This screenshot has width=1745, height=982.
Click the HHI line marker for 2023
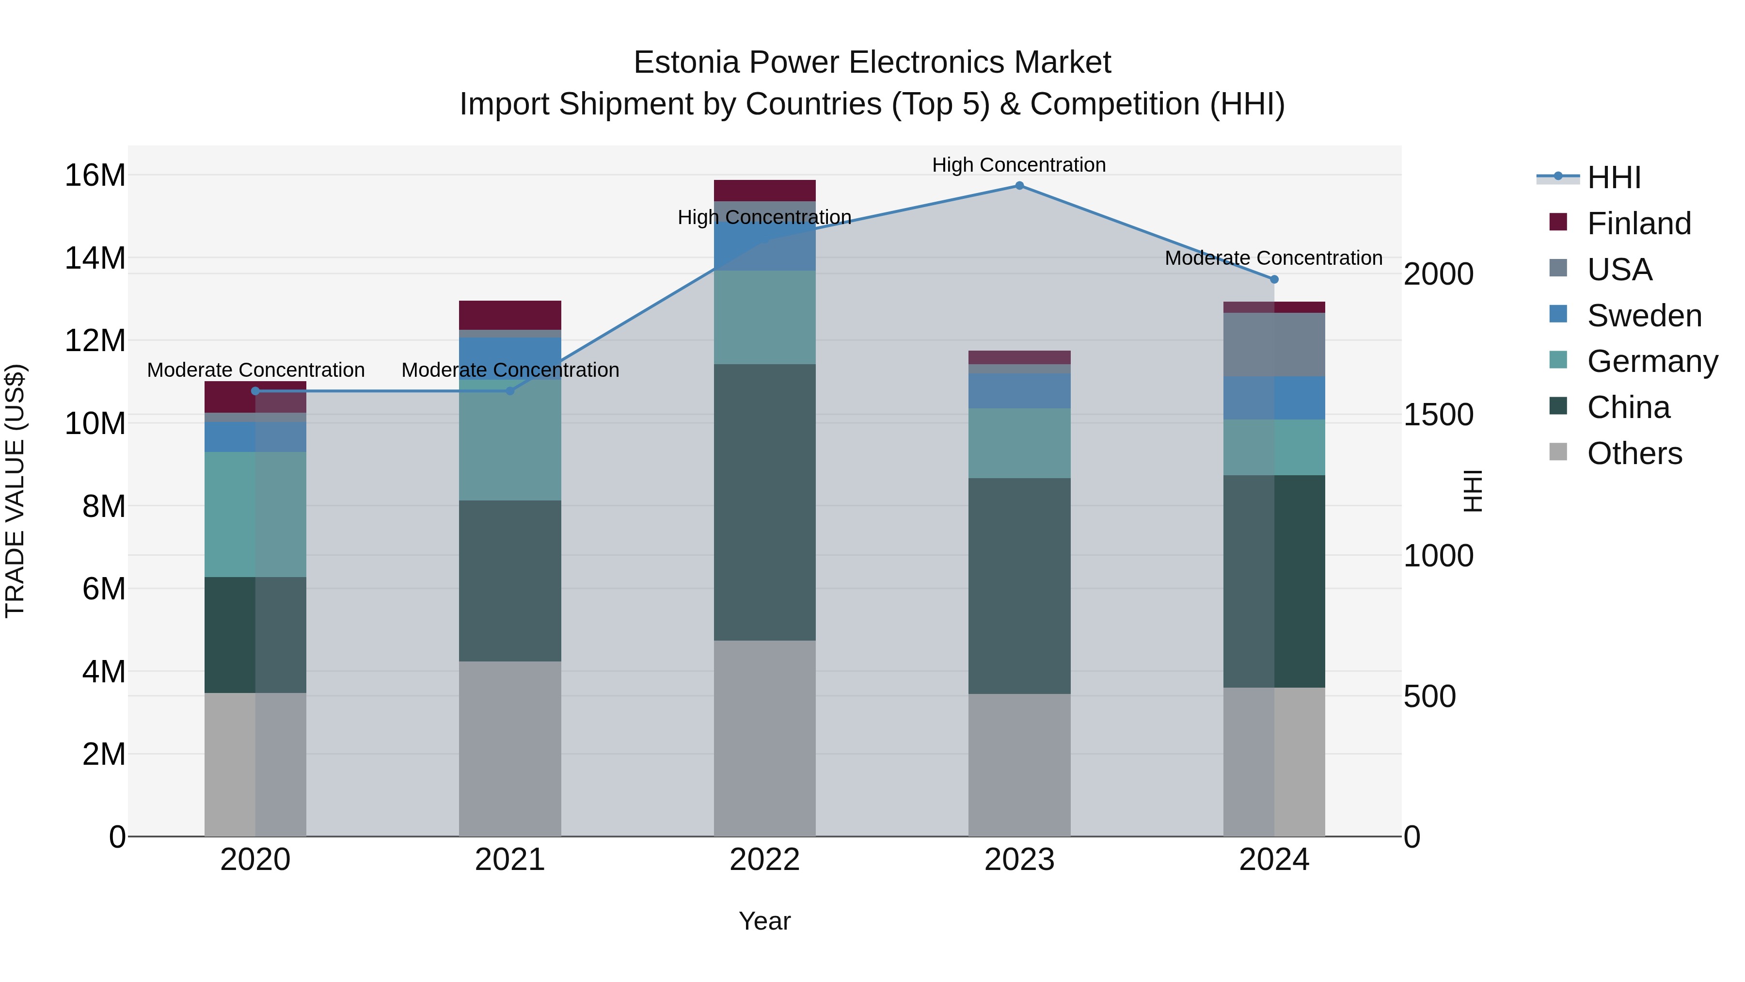click(x=1019, y=186)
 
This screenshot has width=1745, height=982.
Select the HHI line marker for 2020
click(x=255, y=391)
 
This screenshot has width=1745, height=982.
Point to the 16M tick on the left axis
click(x=95, y=176)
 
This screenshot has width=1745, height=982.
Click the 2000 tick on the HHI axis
click(x=1438, y=274)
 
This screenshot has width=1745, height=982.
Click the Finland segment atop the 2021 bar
click(x=510, y=315)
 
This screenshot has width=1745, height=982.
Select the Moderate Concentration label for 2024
click(x=1273, y=258)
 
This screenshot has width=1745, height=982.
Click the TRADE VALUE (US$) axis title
click(x=15, y=491)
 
